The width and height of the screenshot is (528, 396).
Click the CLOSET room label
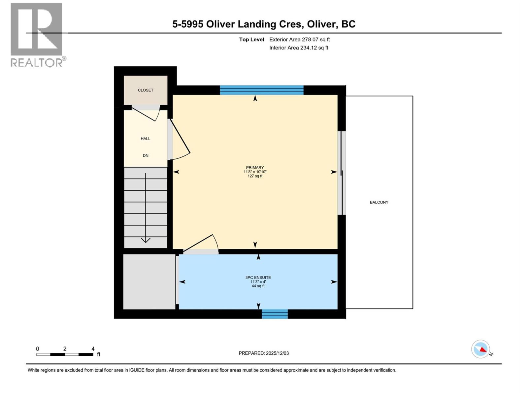[146, 90]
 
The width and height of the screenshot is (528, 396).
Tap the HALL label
[146, 139]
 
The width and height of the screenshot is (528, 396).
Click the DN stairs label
[146, 155]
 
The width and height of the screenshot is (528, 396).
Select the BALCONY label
[379, 202]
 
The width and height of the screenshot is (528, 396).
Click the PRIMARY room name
[255, 167]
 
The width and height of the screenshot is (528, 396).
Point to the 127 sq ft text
[255, 176]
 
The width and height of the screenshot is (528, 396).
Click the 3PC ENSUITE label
[258, 278]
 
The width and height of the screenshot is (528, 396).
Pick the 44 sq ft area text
[258, 286]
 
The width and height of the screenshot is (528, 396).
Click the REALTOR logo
[37, 35]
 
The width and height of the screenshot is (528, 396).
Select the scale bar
[65, 354]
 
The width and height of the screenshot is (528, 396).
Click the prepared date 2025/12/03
[277, 353]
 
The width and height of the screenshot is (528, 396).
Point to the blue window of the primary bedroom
[261, 90]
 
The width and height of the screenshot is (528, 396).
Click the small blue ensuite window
[275, 314]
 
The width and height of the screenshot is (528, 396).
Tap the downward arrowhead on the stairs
[146, 240]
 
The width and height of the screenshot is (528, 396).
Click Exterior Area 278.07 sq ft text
[299, 39]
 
